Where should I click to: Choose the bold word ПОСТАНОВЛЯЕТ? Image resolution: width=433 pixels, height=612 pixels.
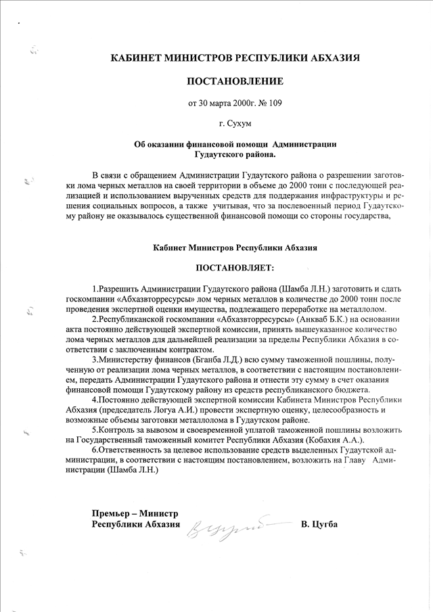(235, 269)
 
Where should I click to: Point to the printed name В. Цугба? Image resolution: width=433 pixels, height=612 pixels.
(318, 525)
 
